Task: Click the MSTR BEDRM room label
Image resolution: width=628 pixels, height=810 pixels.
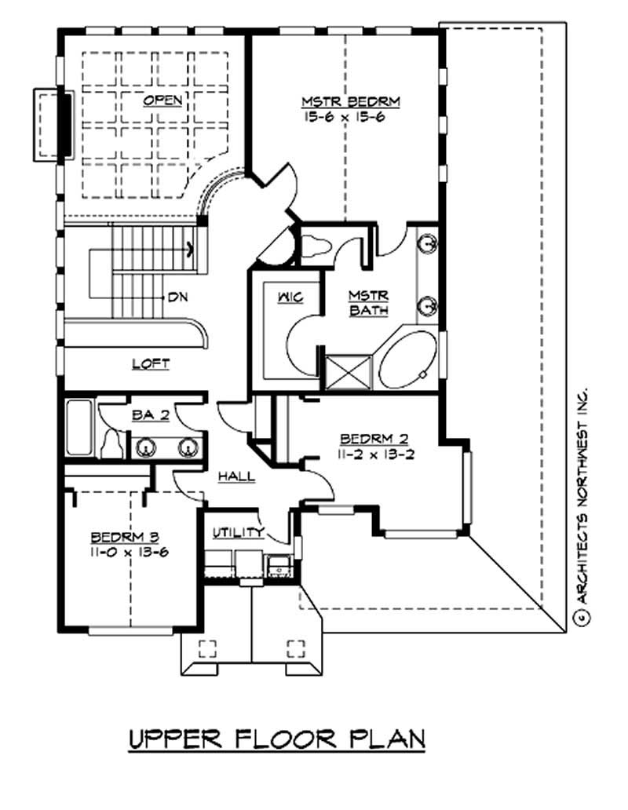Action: pyautogui.click(x=352, y=102)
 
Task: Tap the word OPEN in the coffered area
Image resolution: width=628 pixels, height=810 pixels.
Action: pyautogui.click(x=163, y=100)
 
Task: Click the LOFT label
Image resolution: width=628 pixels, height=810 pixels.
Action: pyautogui.click(x=151, y=363)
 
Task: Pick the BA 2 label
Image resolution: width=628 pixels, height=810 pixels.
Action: pyautogui.click(x=149, y=417)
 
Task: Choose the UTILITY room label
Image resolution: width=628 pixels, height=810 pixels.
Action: pyautogui.click(x=239, y=532)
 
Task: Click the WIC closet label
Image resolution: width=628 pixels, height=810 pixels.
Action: pyautogui.click(x=289, y=297)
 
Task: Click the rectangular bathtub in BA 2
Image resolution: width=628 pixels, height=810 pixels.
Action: pyautogui.click(x=79, y=428)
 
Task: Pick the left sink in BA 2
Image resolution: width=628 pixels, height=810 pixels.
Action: pyautogui.click(x=145, y=448)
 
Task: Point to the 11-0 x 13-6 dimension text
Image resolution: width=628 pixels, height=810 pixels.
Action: pyautogui.click(x=128, y=551)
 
